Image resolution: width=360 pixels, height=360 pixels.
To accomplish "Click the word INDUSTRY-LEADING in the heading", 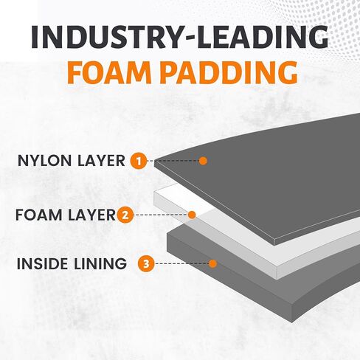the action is point(180,37).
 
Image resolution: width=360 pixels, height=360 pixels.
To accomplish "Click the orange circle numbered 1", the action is point(139,161).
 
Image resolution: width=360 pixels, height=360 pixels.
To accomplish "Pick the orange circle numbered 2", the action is point(125,215).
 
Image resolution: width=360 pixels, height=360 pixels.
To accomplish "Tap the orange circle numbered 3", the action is point(146,264).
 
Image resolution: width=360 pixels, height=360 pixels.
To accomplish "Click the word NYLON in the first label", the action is point(44,161).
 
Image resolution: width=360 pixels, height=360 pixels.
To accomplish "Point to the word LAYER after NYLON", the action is point(101,161).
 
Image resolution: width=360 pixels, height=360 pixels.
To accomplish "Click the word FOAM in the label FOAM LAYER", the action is point(38,215).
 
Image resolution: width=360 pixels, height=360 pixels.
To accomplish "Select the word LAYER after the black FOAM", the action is point(91,215).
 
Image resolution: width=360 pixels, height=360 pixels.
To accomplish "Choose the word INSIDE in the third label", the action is point(42,263).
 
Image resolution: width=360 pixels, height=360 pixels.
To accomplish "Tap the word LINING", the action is point(100,263).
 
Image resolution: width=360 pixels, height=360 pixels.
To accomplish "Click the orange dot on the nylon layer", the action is point(203,161).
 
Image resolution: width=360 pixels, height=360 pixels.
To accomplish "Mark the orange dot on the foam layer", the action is point(192,215).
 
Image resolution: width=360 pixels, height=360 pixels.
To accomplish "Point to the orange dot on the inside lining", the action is point(212,264).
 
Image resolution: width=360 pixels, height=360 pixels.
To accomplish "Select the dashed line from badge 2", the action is point(161,215).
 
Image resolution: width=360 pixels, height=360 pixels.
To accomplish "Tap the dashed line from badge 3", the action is point(181,264).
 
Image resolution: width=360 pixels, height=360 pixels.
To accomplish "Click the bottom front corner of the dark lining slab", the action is point(292,322).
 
